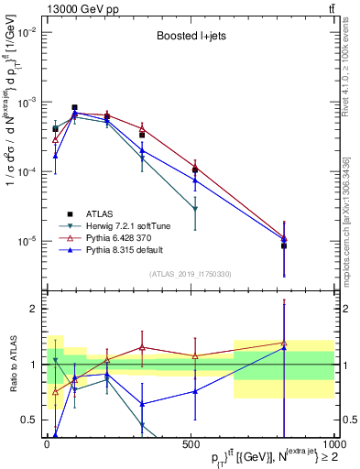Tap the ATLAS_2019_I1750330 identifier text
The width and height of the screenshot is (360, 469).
190,273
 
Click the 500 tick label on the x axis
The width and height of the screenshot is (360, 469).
191,444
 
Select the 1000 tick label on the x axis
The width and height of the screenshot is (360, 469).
331,444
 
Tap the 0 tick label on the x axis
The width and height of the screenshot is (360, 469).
48,444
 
